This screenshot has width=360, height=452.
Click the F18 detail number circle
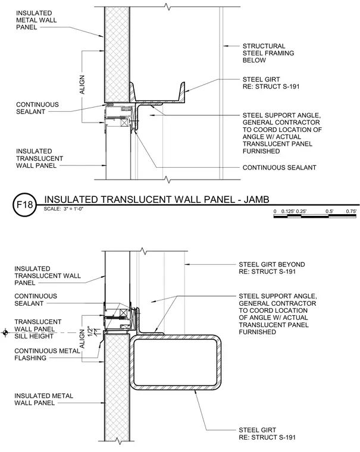pos(25,205)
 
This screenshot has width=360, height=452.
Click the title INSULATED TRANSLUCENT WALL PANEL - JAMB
pos(156,199)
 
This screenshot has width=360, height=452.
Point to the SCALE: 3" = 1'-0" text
pos(64,209)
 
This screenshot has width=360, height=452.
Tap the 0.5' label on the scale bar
pos(329,211)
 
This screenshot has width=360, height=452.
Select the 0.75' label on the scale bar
pos(351,211)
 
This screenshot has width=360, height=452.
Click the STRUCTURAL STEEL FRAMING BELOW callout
pos(268,53)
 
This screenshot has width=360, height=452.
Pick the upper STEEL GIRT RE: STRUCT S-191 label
pos(271,83)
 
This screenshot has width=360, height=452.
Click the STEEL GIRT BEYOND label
pos(272,264)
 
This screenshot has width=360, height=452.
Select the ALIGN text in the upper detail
pos(82,84)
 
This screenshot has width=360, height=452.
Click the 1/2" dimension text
pos(90,331)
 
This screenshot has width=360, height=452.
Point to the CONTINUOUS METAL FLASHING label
pos(47,354)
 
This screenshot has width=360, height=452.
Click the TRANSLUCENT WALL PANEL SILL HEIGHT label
pos(38,329)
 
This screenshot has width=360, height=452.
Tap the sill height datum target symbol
pos(5,332)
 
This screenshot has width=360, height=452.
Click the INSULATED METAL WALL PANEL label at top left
pos(36,20)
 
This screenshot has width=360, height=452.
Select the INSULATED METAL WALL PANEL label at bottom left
pos(43,399)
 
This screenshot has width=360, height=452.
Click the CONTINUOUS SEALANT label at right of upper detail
pos(279,168)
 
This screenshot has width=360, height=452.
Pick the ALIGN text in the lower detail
pos(82,339)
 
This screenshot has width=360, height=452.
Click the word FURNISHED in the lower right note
pos(257,332)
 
